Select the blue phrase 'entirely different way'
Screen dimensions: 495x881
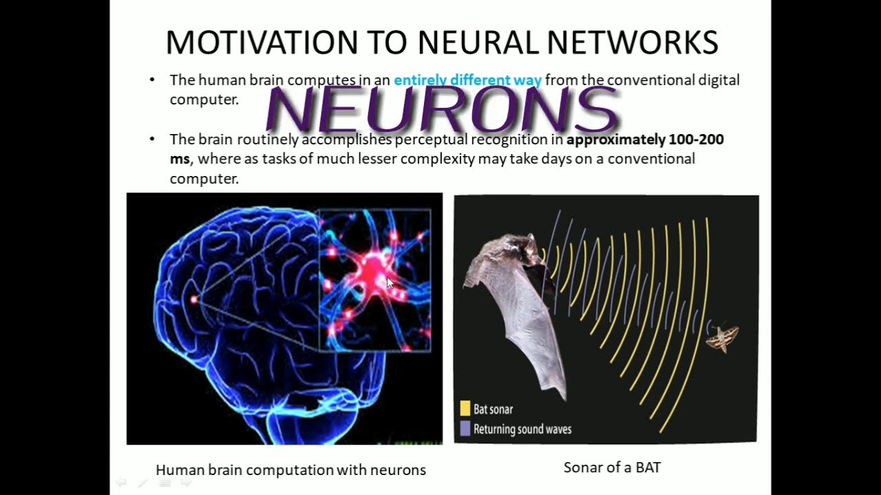467,80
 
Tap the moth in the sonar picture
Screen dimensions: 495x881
722,336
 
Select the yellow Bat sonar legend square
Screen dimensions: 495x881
465,409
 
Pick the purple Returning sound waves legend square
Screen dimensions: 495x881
465,429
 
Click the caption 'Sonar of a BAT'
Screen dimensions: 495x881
612,468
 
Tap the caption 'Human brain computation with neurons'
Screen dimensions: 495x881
290,470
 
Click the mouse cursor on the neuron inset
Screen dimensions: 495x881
389,282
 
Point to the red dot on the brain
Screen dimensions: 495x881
194,299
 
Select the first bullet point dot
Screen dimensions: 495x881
152,80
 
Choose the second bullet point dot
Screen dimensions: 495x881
152,140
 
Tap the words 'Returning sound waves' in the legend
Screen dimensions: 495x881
522,430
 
